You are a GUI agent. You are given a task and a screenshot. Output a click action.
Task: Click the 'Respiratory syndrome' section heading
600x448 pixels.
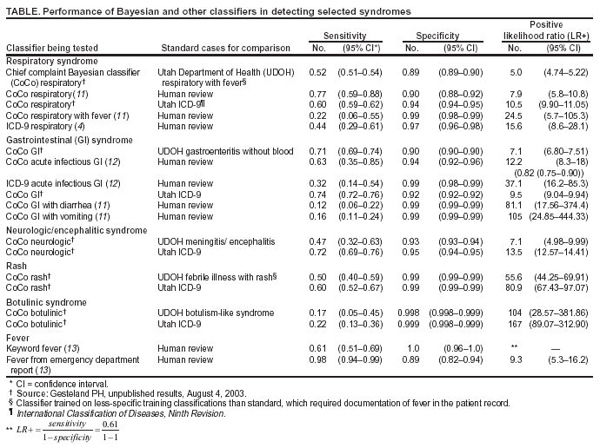click(51, 61)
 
